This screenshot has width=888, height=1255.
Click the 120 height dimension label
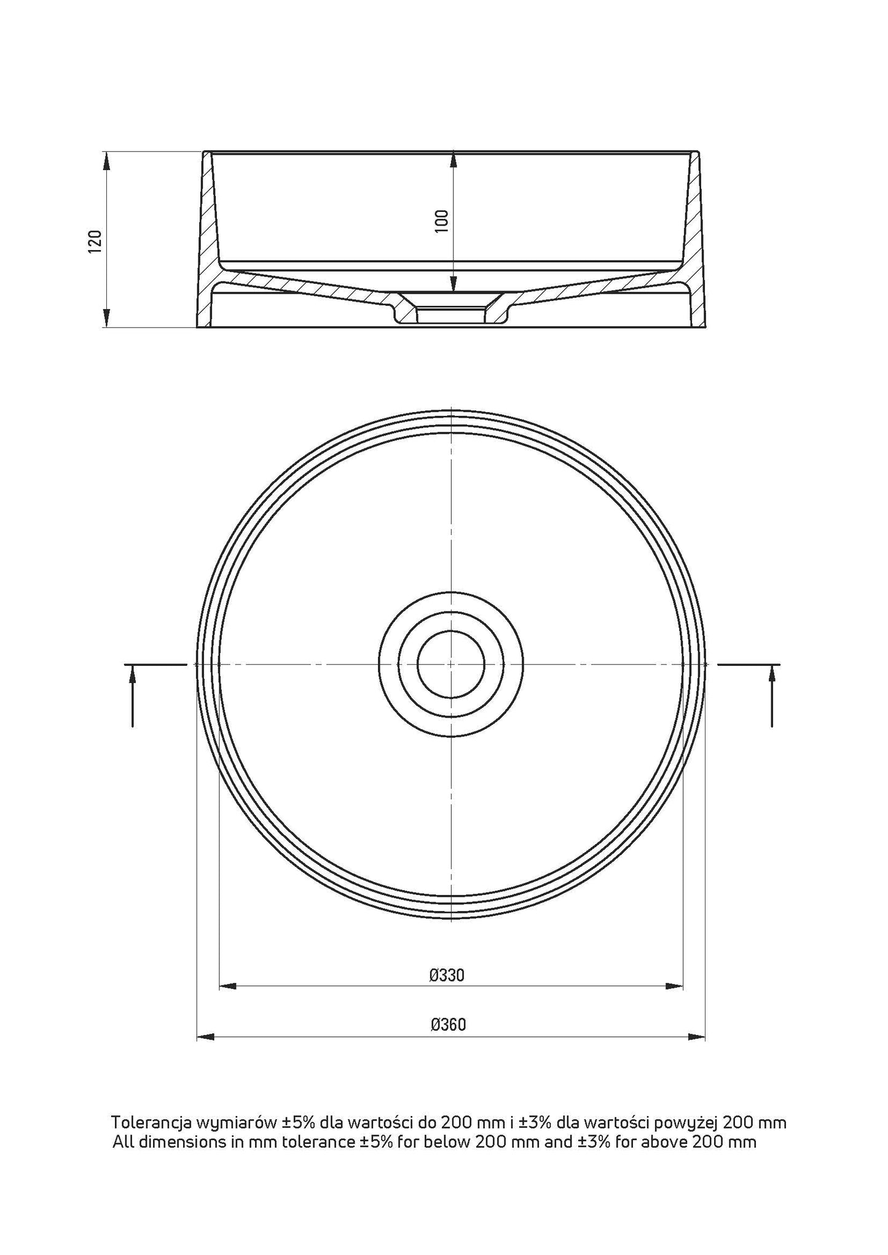94,241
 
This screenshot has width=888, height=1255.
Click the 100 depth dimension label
441,221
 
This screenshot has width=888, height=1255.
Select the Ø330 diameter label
447,975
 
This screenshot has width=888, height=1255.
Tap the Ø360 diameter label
449,1025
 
